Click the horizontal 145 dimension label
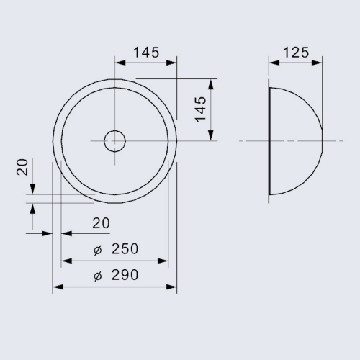point(146,53)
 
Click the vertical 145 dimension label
point(200,109)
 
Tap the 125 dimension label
point(296,53)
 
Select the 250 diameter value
point(125,248)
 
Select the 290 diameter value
point(125,275)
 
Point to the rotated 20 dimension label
point(22,167)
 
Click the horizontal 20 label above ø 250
point(101,223)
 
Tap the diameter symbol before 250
point(98,251)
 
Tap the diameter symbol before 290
point(98,276)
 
